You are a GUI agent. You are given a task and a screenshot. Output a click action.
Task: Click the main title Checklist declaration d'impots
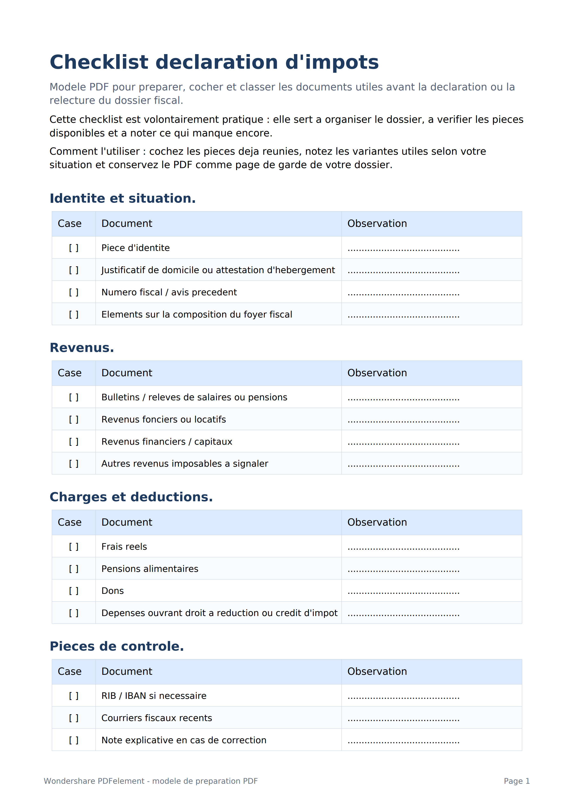pyautogui.click(x=214, y=62)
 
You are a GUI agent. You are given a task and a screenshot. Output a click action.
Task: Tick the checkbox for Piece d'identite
pyautogui.click(x=74, y=248)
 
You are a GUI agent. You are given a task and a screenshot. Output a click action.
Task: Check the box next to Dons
pyautogui.click(x=74, y=591)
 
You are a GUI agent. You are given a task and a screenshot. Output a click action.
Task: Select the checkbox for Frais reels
pyautogui.click(x=74, y=546)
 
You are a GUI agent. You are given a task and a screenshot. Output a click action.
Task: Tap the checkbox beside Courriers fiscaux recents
pyautogui.click(x=74, y=718)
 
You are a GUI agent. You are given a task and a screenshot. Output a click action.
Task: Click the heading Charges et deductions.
pyautogui.click(x=131, y=497)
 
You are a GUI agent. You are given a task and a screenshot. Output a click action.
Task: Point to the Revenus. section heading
pyautogui.click(x=82, y=348)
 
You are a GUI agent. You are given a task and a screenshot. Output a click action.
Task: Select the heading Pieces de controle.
pyautogui.click(x=117, y=646)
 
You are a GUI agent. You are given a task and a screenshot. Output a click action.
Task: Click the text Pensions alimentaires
pyautogui.click(x=150, y=569)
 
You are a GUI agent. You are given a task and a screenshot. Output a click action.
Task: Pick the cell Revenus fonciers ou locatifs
pyautogui.click(x=164, y=419)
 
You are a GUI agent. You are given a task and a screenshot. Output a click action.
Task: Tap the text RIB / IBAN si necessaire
pyautogui.click(x=154, y=696)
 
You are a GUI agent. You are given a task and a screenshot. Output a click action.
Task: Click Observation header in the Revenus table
pyautogui.click(x=377, y=373)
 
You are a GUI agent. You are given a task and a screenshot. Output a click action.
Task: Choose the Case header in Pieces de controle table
pyautogui.click(x=70, y=672)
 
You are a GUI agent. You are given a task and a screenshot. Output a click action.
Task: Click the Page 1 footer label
pyautogui.click(x=516, y=781)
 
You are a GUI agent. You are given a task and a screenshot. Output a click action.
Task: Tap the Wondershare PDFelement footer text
pyautogui.click(x=151, y=781)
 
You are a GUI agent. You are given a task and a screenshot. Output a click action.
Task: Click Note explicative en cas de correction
pyautogui.click(x=184, y=740)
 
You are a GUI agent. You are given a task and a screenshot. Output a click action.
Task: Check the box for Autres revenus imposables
pyautogui.click(x=74, y=463)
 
